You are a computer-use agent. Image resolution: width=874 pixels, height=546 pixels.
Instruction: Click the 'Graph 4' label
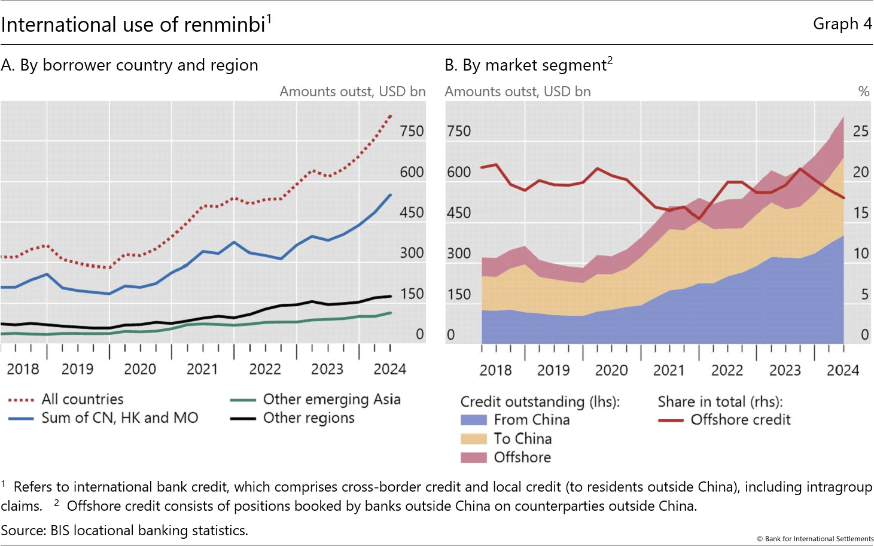coord(842,24)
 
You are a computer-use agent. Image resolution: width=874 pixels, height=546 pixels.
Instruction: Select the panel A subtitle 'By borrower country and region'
coord(139,65)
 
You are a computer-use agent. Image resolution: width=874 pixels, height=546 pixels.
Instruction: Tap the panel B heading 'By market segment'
coord(535,65)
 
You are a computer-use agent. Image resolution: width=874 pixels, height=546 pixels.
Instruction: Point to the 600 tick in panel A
coord(412,172)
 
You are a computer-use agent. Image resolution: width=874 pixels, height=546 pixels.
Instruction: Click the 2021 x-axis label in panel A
coord(202,369)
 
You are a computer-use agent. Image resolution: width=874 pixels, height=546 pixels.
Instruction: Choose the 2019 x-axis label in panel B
coord(553,370)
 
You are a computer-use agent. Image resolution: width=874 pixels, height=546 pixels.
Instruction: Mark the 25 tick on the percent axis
coord(860,132)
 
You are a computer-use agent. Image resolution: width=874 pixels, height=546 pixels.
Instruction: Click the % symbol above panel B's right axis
coord(863,91)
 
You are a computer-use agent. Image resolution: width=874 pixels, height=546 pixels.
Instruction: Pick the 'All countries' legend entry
coord(82,399)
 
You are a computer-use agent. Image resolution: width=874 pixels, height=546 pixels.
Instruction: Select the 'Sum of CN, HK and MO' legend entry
coord(119,418)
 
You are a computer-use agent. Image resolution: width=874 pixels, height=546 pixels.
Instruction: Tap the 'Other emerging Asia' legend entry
coord(331,399)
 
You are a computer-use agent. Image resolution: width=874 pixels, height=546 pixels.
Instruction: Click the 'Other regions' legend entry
coord(309,418)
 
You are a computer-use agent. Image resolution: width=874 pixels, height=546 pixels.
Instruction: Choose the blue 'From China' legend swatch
coord(473,420)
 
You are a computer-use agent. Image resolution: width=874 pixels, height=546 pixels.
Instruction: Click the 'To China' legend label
coord(522,439)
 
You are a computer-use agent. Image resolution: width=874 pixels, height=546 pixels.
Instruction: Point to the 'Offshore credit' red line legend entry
coord(740,420)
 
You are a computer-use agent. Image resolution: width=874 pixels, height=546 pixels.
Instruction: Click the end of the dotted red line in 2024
coord(391,115)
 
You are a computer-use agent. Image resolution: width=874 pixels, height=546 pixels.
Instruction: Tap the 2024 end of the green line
coord(391,313)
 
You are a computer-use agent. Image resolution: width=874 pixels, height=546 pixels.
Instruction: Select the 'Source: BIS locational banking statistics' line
coord(124,530)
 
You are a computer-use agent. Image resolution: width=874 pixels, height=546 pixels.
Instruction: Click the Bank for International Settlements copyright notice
coord(815,539)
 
